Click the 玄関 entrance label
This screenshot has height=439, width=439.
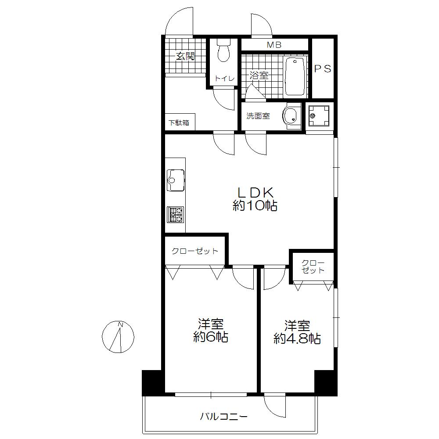tap(185, 56)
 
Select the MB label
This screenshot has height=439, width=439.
tap(275, 45)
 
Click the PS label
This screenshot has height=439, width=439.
tap(323, 68)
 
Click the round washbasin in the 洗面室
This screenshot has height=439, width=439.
tap(290, 116)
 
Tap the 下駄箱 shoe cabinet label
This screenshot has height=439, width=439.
tap(179, 123)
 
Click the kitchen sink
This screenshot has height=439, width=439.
tap(175, 180)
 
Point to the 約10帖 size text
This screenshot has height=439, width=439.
tap(255, 206)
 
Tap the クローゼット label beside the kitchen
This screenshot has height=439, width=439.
tap(194, 251)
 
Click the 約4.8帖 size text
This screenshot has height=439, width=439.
tap(297, 338)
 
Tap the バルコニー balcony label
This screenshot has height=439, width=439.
tap(224, 416)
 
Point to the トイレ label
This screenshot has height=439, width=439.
tap(224, 79)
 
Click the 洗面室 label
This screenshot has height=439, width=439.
tap(258, 116)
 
